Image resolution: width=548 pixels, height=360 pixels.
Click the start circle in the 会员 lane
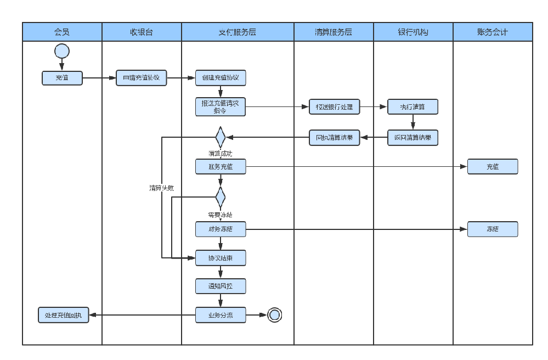(x=62, y=51)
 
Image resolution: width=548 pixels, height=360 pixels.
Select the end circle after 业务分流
(x=275, y=314)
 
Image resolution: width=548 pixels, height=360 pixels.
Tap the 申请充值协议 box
(x=142, y=78)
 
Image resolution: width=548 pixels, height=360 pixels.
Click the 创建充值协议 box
(x=221, y=78)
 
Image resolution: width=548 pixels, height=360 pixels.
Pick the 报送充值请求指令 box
(x=221, y=106)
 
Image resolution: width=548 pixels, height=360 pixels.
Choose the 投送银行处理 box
(x=334, y=106)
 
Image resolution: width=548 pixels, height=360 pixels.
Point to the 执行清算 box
(x=413, y=106)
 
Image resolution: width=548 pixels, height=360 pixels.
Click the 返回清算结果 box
(x=413, y=137)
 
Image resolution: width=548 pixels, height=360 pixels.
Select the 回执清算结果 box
(x=334, y=137)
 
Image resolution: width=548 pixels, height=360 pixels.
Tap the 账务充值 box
(x=221, y=167)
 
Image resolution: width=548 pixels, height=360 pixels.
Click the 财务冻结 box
(x=221, y=229)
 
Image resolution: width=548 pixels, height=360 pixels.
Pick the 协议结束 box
(x=221, y=257)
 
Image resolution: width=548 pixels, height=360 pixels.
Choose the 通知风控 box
(x=221, y=286)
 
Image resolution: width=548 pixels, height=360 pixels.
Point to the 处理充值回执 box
(x=63, y=315)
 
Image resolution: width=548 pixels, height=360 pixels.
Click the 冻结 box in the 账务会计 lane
(x=493, y=229)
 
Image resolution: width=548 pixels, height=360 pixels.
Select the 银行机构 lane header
(x=413, y=32)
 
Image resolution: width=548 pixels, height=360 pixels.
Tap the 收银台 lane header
(x=142, y=32)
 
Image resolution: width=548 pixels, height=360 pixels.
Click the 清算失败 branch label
(x=162, y=188)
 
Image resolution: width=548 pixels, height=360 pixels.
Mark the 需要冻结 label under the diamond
(x=220, y=215)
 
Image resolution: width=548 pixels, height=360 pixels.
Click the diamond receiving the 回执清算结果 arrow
(x=221, y=137)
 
